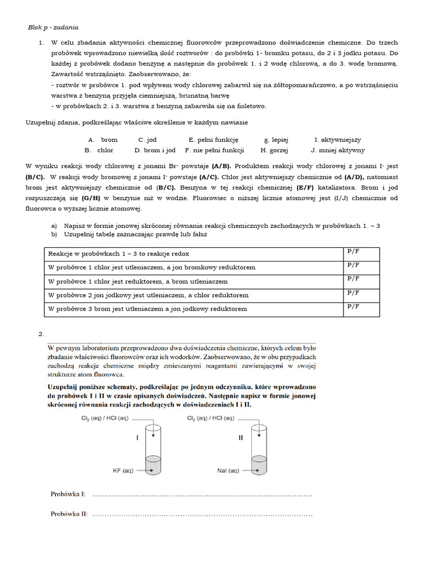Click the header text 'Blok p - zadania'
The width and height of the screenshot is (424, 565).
[53, 27]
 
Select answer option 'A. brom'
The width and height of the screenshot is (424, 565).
[103, 140]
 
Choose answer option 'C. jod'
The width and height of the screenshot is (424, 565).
[147, 140]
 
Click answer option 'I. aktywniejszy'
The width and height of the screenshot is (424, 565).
[337, 140]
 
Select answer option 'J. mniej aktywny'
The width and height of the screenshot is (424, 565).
[337, 150]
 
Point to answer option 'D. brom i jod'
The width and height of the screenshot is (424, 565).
[155, 150]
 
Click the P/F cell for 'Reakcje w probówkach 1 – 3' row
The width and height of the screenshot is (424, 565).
[353, 252]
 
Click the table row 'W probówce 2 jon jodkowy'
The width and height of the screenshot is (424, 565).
[149, 295]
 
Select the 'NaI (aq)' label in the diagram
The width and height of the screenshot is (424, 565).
[228, 471]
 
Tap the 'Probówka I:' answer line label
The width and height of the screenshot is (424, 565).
[68, 494]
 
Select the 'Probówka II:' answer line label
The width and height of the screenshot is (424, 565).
[69, 514]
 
